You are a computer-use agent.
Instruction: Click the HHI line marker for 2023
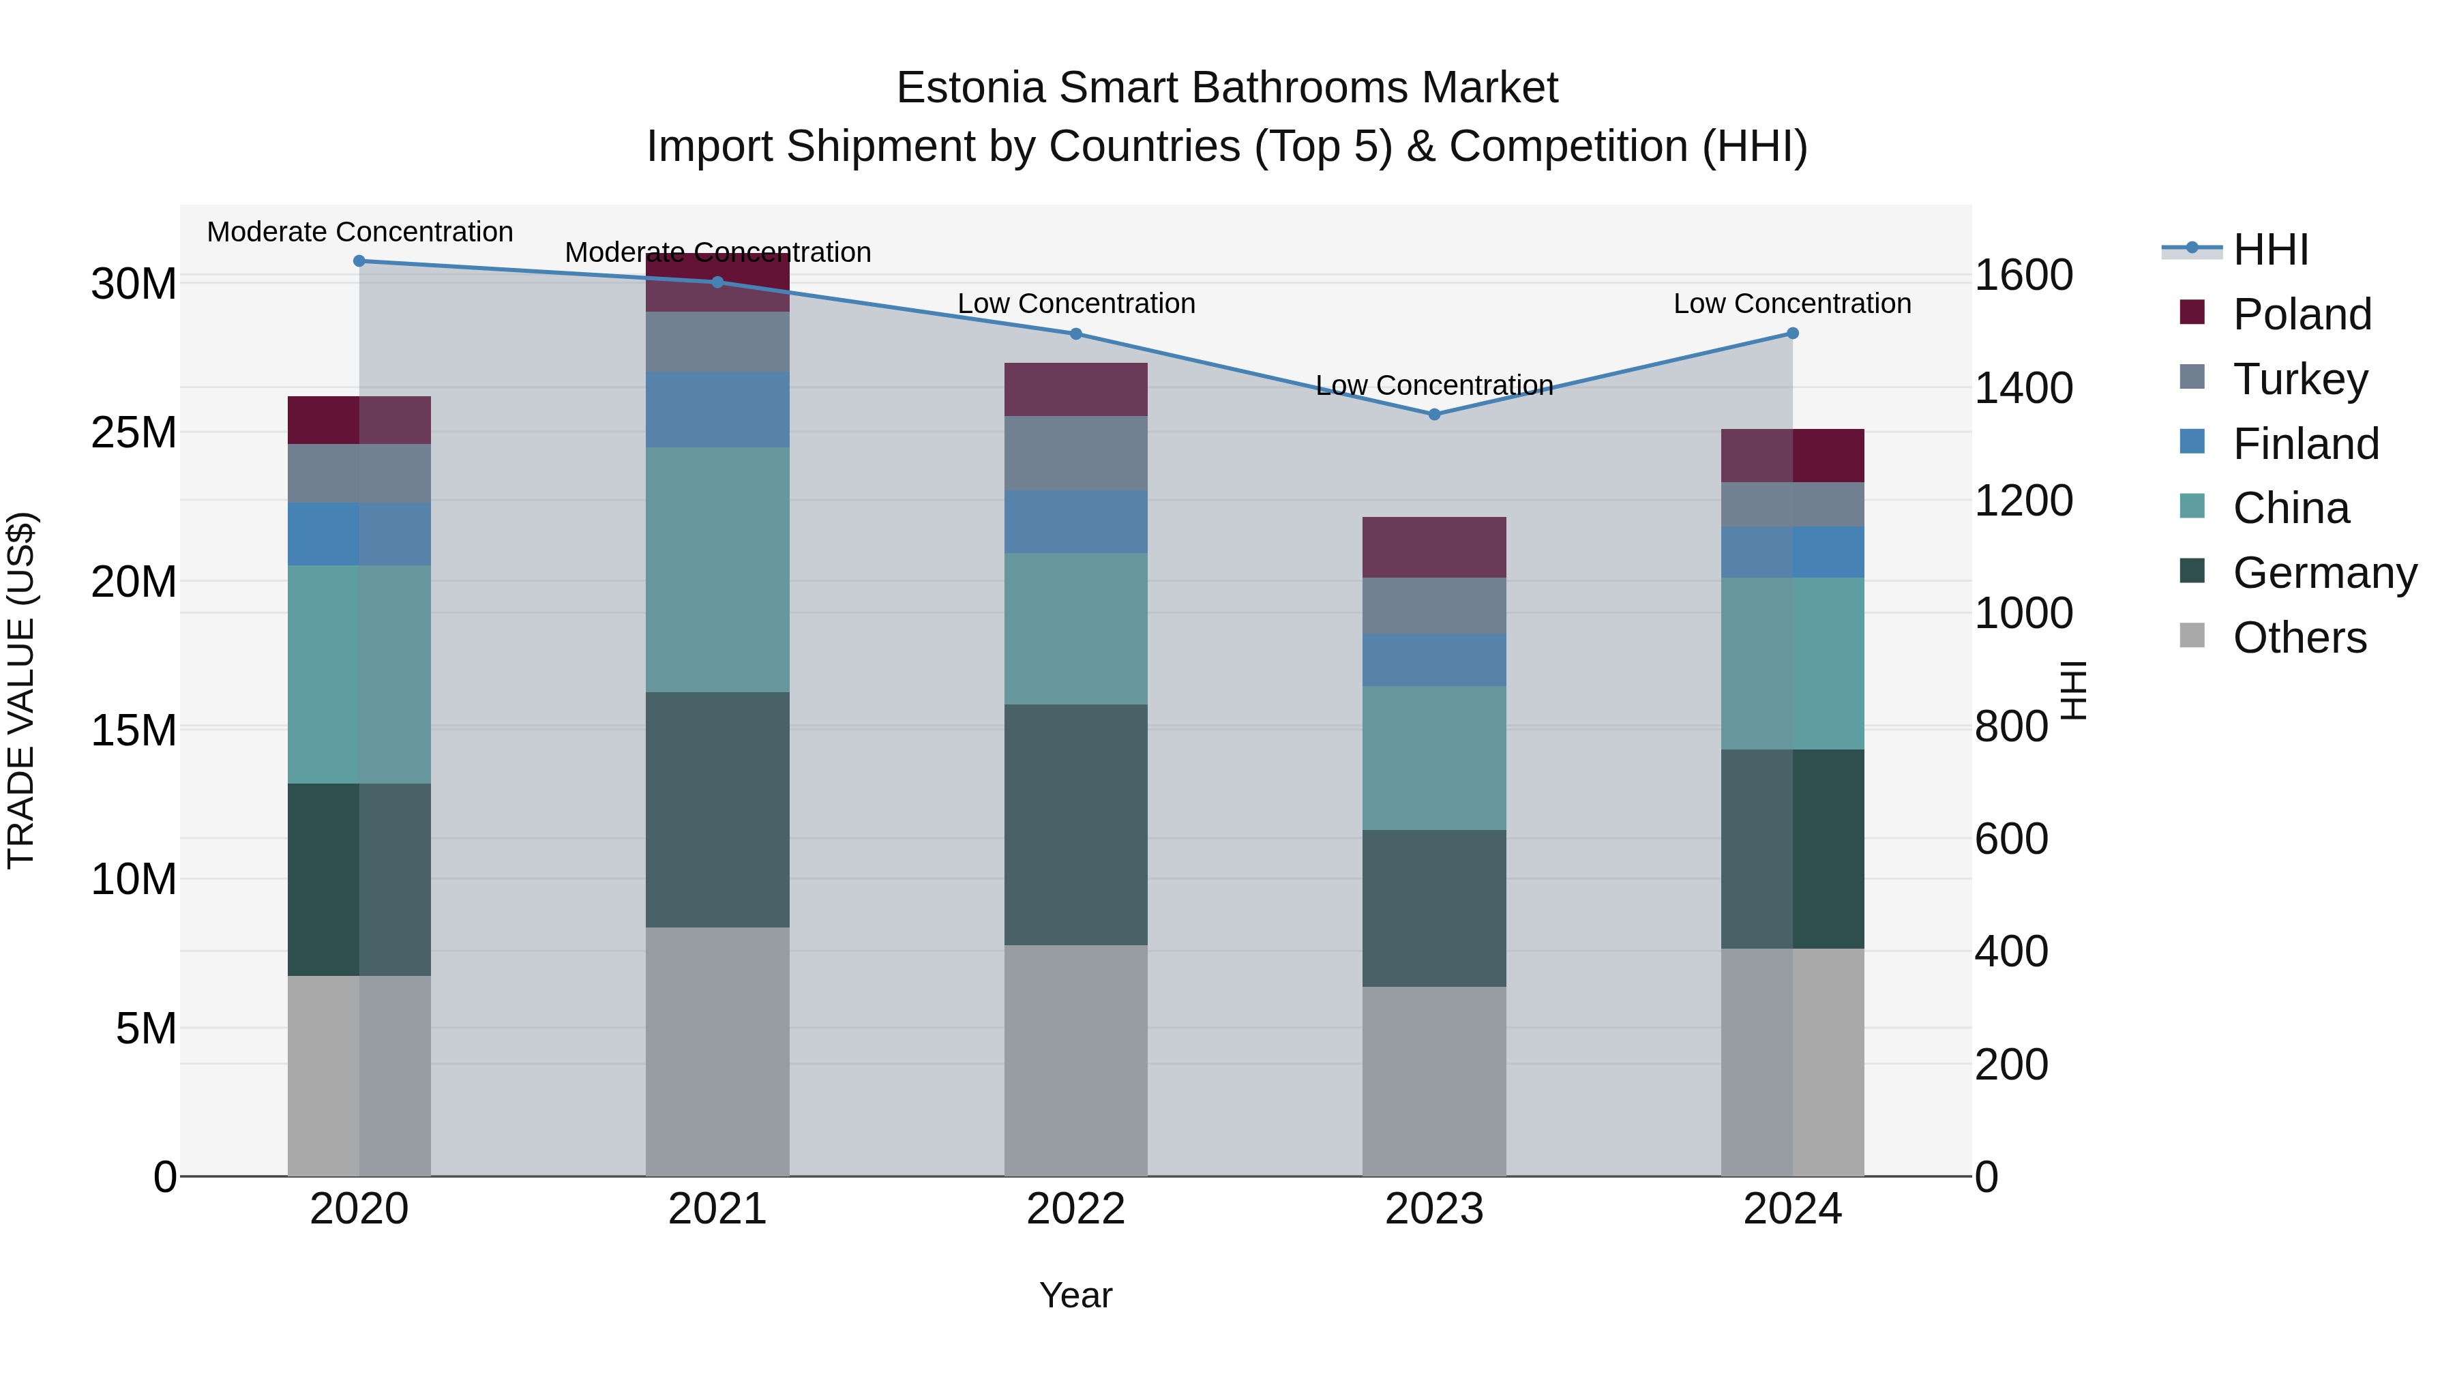coord(1433,415)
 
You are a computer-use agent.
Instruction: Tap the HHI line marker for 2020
coord(359,261)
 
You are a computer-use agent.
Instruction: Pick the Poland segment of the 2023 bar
coord(1433,547)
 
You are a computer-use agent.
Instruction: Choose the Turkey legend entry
coord(2300,379)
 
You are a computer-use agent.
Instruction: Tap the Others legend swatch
coord(2192,636)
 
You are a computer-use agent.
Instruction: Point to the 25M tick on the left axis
coord(134,432)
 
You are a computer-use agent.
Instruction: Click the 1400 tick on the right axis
coord(2023,388)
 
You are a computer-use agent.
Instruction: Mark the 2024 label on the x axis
coord(1791,1208)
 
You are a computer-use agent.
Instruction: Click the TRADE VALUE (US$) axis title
coord(21,690)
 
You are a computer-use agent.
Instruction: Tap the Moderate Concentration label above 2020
coord(359,232)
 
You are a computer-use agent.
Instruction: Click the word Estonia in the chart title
coord(970,88)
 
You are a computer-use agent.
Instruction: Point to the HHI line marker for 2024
coord(1791,333)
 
